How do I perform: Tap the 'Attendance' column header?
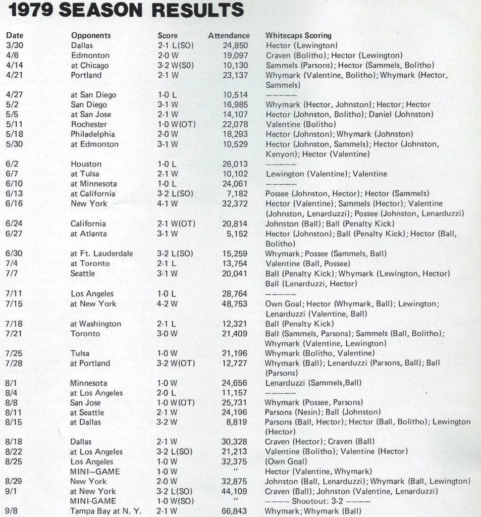[x=229, y=36]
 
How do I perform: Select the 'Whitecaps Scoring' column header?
[x=298, y=36]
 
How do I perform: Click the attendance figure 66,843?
[x=236, y=511]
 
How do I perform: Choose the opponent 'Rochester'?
[x=89, y=124]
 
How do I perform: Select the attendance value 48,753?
[x=236, y=303]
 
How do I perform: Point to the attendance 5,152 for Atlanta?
[x=238, y=233]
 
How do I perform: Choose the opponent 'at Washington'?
[x=96, y=324]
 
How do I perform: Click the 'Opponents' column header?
[x=91, y=36]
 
